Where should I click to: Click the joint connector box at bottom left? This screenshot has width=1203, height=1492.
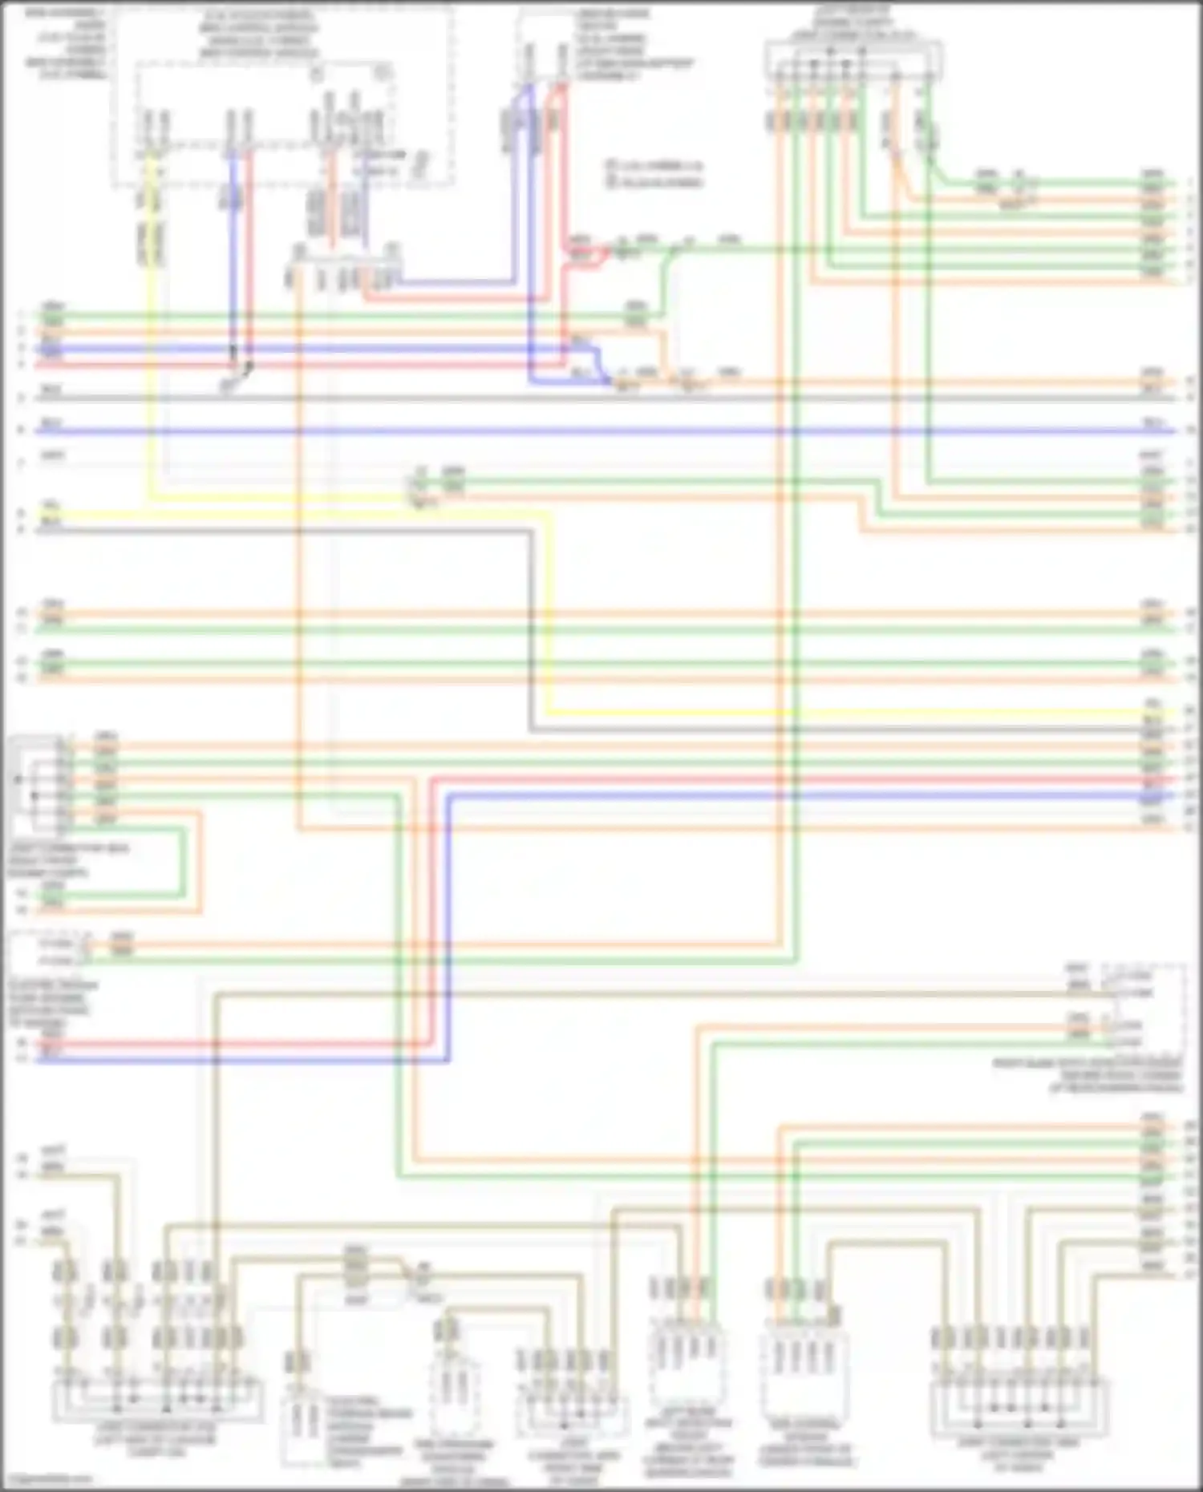tap(157, 1397)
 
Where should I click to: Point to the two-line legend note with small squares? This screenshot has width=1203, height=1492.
tap(654, 173)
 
